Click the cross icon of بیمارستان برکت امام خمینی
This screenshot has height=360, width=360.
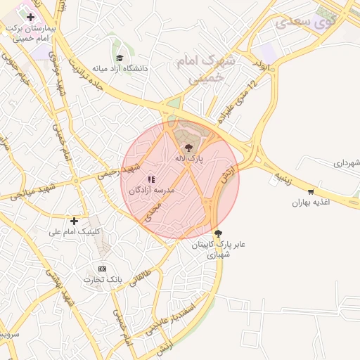31,17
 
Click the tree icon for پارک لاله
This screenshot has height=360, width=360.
188,148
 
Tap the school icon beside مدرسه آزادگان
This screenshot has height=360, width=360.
151,179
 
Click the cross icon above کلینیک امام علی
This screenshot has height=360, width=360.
74,220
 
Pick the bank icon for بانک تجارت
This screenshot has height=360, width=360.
103,269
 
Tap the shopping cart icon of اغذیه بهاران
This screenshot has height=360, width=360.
311,191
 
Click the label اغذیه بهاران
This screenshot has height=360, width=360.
311,202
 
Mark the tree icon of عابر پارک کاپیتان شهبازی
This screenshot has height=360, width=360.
219,233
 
